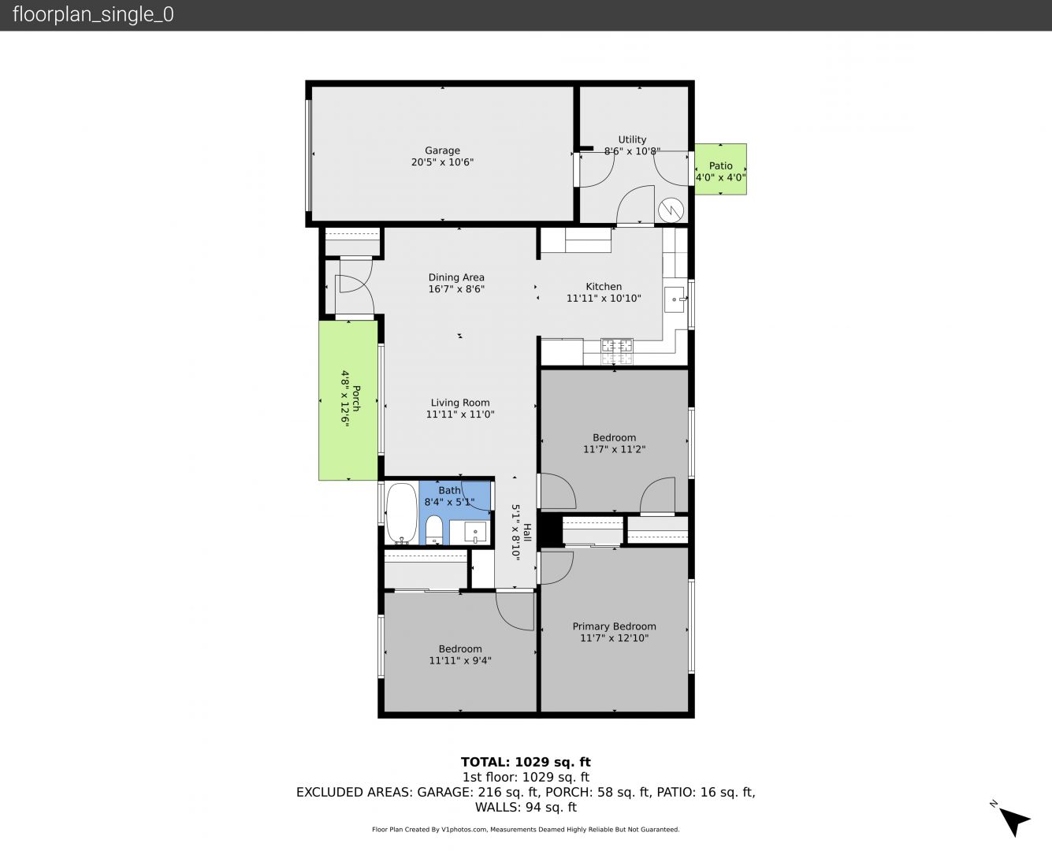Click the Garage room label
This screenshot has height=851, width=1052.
coord(442,151)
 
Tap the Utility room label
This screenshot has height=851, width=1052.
coord(632,139)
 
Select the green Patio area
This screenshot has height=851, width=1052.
coord(720,169)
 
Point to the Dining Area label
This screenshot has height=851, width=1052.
coord(456,277)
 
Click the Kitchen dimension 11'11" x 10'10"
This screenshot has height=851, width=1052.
coord(604,298)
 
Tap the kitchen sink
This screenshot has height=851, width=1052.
coord(675,299)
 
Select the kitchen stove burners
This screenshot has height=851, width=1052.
coord(617,351)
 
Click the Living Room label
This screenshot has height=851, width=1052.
coord(460,403)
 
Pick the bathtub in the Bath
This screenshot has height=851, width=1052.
coord(402,513)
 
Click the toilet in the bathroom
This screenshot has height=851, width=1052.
coord(433,530)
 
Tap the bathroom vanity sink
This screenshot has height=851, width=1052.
coord(475,532)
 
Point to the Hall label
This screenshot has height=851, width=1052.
coord(527,532)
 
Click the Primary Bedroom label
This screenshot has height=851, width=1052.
coord(615,626)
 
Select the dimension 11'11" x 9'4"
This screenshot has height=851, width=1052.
coord(460,660)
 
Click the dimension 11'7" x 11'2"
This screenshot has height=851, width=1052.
coord(615,449)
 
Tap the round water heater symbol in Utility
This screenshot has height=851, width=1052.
coord(671,210)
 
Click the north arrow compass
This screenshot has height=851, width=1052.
coord(1013,820)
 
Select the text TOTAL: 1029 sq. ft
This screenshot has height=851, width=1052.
coord(526,762)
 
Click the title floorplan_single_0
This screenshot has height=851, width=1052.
coord(93,15)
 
